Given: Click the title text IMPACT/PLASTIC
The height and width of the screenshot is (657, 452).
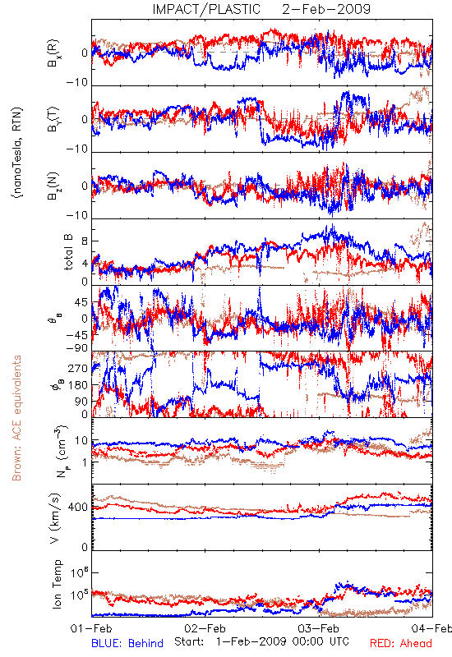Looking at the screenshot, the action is pyautogui.click(x=206, y=9).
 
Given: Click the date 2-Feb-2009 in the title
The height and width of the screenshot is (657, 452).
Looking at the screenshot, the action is pyautogui.click(x=326, y=9).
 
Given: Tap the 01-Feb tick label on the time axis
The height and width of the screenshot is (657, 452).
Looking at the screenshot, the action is pyautogui.click(x=91, y=628).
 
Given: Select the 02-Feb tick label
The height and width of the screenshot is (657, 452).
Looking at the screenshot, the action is pyautogui.click(x=205, y=628).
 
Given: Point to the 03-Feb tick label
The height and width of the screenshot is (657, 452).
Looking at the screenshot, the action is pyautogui.click(x=319, y=628).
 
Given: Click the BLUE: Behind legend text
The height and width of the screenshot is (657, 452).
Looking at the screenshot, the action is pyautogui.click(x=127, y=643).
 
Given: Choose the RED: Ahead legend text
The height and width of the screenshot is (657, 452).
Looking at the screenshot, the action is pyautogui.click(x=400, y=643).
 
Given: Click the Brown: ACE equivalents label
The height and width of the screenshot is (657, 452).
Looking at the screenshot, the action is pyautogui.click(x=16, y=418).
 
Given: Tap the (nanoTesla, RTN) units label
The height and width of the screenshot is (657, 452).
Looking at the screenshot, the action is pyautogui.click(x=17, y=153).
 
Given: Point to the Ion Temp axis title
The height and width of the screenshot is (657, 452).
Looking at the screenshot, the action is pyautogui.click(x=57, y=584).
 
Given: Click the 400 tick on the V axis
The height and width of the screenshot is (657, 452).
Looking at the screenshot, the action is pyautogui.click(x=78, y=508).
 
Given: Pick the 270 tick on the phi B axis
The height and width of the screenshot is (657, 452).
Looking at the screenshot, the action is pyautogui.click(x=78, y=368).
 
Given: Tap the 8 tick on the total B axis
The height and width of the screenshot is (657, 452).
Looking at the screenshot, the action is pyautogui.click(x=85, y=241).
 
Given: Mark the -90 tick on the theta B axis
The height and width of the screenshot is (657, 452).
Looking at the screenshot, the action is pyautogui.click(x=77, y=347).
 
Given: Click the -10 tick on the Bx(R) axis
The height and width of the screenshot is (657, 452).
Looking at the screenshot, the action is pyautogui.click(x=77, y=83).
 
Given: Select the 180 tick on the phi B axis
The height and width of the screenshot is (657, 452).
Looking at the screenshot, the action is pyautogui.click(x=78, y=384).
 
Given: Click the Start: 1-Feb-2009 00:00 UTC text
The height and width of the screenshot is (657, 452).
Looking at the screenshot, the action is pyautogui.click(x=261, y=642).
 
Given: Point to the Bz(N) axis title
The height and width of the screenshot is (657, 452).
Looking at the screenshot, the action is pyautogui.click(x=53, y=186).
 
